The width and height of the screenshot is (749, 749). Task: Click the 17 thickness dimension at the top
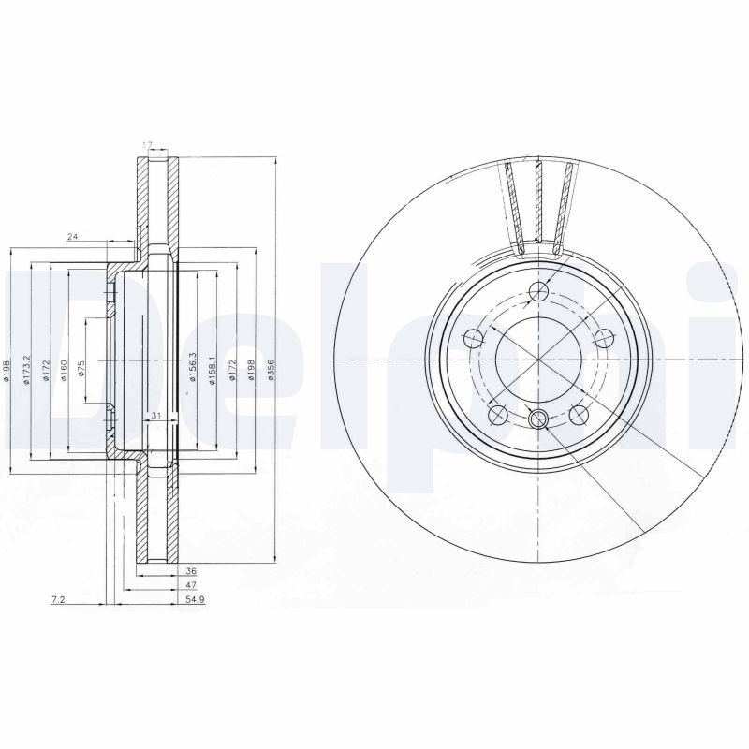tap(146, 144)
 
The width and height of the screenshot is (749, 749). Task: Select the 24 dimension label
tap(72, 238)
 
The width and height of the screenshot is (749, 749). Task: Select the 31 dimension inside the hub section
tap(156, 416)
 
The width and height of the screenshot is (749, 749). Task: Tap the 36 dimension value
tap(191, 569)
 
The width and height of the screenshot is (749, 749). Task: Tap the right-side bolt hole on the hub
tap(603, 338)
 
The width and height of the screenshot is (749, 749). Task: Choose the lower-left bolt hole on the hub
tap(497, 413)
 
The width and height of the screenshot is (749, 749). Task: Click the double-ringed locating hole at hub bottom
tap(539, 419)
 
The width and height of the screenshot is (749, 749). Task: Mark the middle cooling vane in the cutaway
tap(540, 206)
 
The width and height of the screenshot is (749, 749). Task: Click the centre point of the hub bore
tap(539, 360)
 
